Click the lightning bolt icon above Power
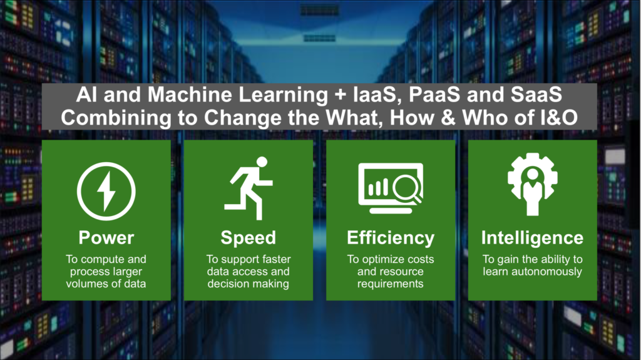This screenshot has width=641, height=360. click(x=106, y=191)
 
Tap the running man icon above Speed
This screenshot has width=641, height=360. click(x=248, y=188)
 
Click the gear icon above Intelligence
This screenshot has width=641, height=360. click(x=532, y=184)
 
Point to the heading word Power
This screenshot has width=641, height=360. click(x=106, y=238)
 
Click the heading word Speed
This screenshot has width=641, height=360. click(x=248, y=238)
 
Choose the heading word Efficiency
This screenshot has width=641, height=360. click(x=391, y=238)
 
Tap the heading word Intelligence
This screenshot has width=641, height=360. click(x=532, y=238)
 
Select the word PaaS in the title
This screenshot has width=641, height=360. click(x=434, y=95)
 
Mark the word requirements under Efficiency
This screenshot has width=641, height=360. click(x=391, y=284)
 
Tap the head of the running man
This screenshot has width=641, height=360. click(x=262, y=162)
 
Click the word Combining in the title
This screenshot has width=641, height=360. click(x=116, y=118)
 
